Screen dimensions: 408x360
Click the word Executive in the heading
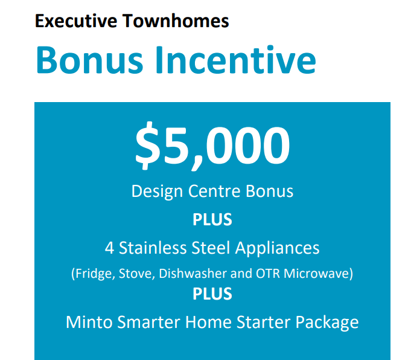click(76, 21)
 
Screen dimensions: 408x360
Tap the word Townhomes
click(176, 21)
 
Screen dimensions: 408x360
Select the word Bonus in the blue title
click(89, 60)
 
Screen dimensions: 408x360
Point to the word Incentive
click(236, 60)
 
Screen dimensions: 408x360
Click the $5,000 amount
click(212, 146)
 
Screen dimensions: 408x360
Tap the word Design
click(157, 192)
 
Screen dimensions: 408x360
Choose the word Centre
click(214, 191)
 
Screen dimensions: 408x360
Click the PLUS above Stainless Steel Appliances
click(212, 219)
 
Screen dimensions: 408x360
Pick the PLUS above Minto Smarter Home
click(212, 294)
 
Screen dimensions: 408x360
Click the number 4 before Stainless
click(110, 248)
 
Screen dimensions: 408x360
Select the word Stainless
click(153, 248)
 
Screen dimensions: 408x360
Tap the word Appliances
click(278, 248)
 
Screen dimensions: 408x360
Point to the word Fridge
click(93, 274)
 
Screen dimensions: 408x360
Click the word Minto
click(89, 322)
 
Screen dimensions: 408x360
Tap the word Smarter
click(148, 322)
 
